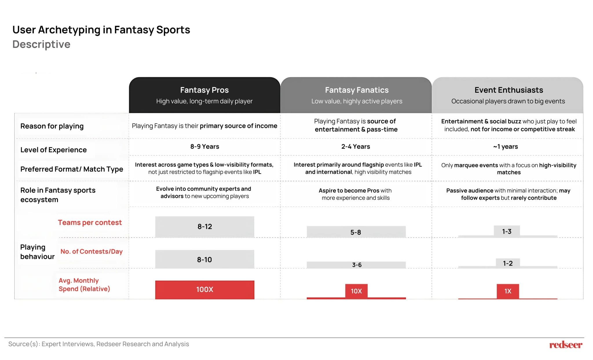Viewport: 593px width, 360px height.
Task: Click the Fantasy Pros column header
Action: [x=204, y=95]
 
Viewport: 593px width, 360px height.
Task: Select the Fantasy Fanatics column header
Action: [x=356, y=95]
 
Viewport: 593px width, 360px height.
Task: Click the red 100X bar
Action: [x=205, y=290]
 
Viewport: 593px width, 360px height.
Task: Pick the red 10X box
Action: [x=356, y=291]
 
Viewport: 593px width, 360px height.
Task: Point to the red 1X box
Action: [x=508, y=291]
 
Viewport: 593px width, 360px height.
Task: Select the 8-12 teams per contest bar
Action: [x=205, y=227]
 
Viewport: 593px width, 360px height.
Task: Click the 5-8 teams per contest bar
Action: [x=356, y=232]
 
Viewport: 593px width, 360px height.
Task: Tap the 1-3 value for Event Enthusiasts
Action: [x=507, y=231]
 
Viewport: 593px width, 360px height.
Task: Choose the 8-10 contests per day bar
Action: [x=205, y=260]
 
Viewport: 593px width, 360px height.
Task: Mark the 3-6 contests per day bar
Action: [x=356, y=265]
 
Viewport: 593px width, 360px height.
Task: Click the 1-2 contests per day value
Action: [x=508, y=263]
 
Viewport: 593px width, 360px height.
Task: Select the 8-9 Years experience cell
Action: [x=205, y=147]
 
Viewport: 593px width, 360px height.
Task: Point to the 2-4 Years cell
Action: [x=356, y=147]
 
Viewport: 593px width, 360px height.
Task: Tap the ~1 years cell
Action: [x=506, y=147]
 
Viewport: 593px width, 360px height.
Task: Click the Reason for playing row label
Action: [x=52, y=126]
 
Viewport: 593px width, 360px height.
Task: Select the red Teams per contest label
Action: [x=90, y=222]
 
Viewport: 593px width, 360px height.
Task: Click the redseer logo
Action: [x=565, y=345]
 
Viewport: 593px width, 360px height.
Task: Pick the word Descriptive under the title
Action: [x=41, y=44]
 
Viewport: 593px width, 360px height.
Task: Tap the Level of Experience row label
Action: [x=54, y=150]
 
